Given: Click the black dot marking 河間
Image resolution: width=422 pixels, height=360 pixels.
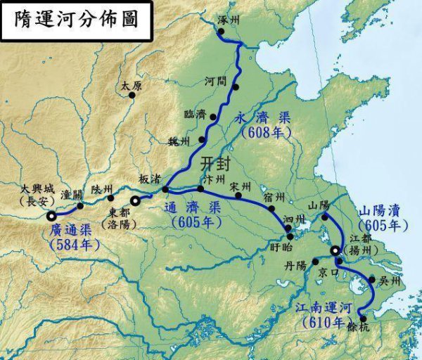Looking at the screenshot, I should click(x=236, y=87).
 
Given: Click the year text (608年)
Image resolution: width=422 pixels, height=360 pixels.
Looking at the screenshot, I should click(x=261, y=131).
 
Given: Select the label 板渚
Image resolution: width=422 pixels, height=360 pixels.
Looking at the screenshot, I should click(x=149, y=179).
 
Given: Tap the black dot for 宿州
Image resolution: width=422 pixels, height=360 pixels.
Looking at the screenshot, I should click(x=271, y=208).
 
